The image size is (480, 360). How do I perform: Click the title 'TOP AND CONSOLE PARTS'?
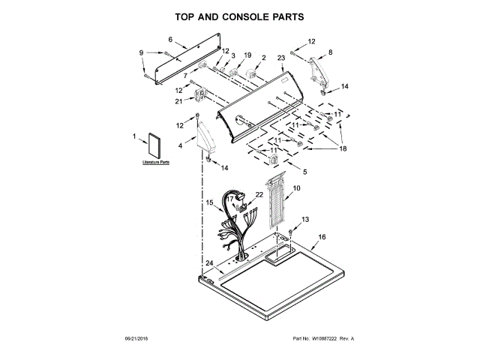pyautogui.click(x=239, y=16)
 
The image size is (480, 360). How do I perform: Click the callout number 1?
pyautogui.click(x=134, y=136)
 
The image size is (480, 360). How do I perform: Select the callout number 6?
pyautogui.click(x=170, y=39)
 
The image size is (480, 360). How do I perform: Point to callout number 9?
pyautogui.click(x=141, y=52)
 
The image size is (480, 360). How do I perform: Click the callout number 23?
pyautogui.click(x=281, y=57)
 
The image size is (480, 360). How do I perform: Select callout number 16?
pyautogui.click(x=322, y=237)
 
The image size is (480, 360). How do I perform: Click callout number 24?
pyautogui.click(x=211, y=263)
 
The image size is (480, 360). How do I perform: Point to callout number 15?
pyautogui.click(x=210, y=202)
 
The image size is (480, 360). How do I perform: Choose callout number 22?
pyautogui.click(x=259, y=194)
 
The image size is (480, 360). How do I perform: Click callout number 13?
pyautogui.click(x=305, y=219)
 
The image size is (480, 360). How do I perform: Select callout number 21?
pyautogui.click(x=178, y=101)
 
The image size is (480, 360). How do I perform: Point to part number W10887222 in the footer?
pyautogui.click(x=310, y=339)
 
